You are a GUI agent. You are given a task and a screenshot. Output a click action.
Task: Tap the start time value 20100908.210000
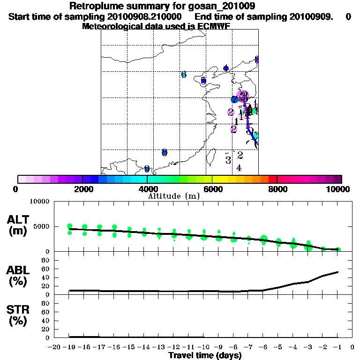pyautogui.click(x=146, y=16)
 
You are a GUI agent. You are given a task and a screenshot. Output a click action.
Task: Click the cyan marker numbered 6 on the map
pyautogui.click(x=184, y=75)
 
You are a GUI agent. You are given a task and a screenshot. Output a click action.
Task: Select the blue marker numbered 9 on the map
pyautogui.click(x=147, y=169)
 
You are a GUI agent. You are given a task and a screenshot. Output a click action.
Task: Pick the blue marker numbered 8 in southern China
pyautogui.click(x=165, y=152)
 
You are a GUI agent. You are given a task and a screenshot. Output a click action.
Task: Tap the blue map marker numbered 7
pyautogui.click(x=234, y=100)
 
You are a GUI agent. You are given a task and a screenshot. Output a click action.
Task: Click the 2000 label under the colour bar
pyautogui.click(x=82, y=189)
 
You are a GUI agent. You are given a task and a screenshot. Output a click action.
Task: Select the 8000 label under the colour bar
pyautogui.click(x=277, y=189)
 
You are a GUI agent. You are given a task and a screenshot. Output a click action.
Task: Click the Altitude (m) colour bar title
pyautogui.click(x=173, y=196)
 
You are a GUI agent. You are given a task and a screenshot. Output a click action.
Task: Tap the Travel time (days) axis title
pyautogui.click(x=205, y=355)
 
